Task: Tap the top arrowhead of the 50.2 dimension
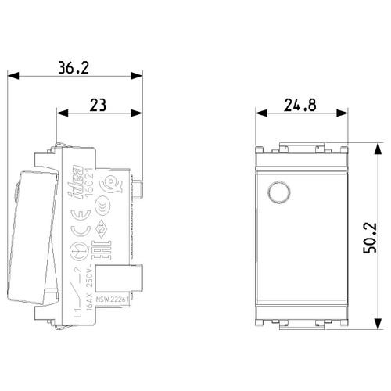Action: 363,146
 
